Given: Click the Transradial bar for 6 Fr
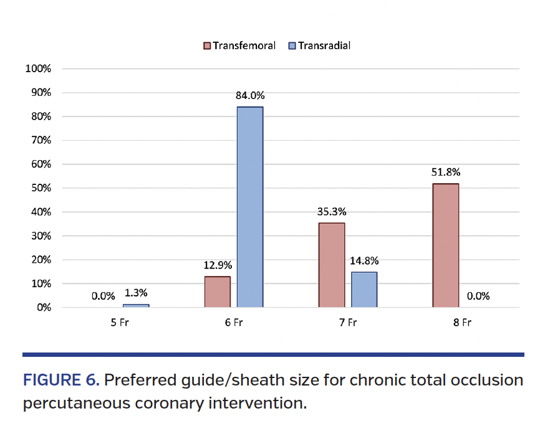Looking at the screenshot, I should [x=249, y=207].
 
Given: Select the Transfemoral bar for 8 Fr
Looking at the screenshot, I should [x=445, y=245].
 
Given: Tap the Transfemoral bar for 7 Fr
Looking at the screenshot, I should [x=331, y=265].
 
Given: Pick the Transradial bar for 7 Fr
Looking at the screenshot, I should [x=364, y=290].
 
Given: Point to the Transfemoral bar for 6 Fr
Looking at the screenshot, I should [x=217, y=291].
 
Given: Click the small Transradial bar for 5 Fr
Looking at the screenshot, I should [x=136, y=305].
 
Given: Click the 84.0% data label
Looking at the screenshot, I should [x=250, y=96].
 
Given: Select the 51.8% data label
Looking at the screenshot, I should [x=445, y=173].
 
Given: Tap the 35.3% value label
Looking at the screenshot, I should [x=331, y=212].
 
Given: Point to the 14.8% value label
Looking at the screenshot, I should [x=364, y=261].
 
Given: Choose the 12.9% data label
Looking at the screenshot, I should [x=217, y=265].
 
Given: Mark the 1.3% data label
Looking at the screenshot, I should [x=137, y=293].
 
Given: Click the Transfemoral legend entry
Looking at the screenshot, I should [x=239, y=45].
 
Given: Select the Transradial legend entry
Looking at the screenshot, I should [x=319, y=45].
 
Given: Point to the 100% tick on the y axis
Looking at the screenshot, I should [x=38, y=69].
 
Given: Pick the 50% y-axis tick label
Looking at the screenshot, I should [x=41, y=188].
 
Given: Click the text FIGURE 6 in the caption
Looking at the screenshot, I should [x=60, y=380].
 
